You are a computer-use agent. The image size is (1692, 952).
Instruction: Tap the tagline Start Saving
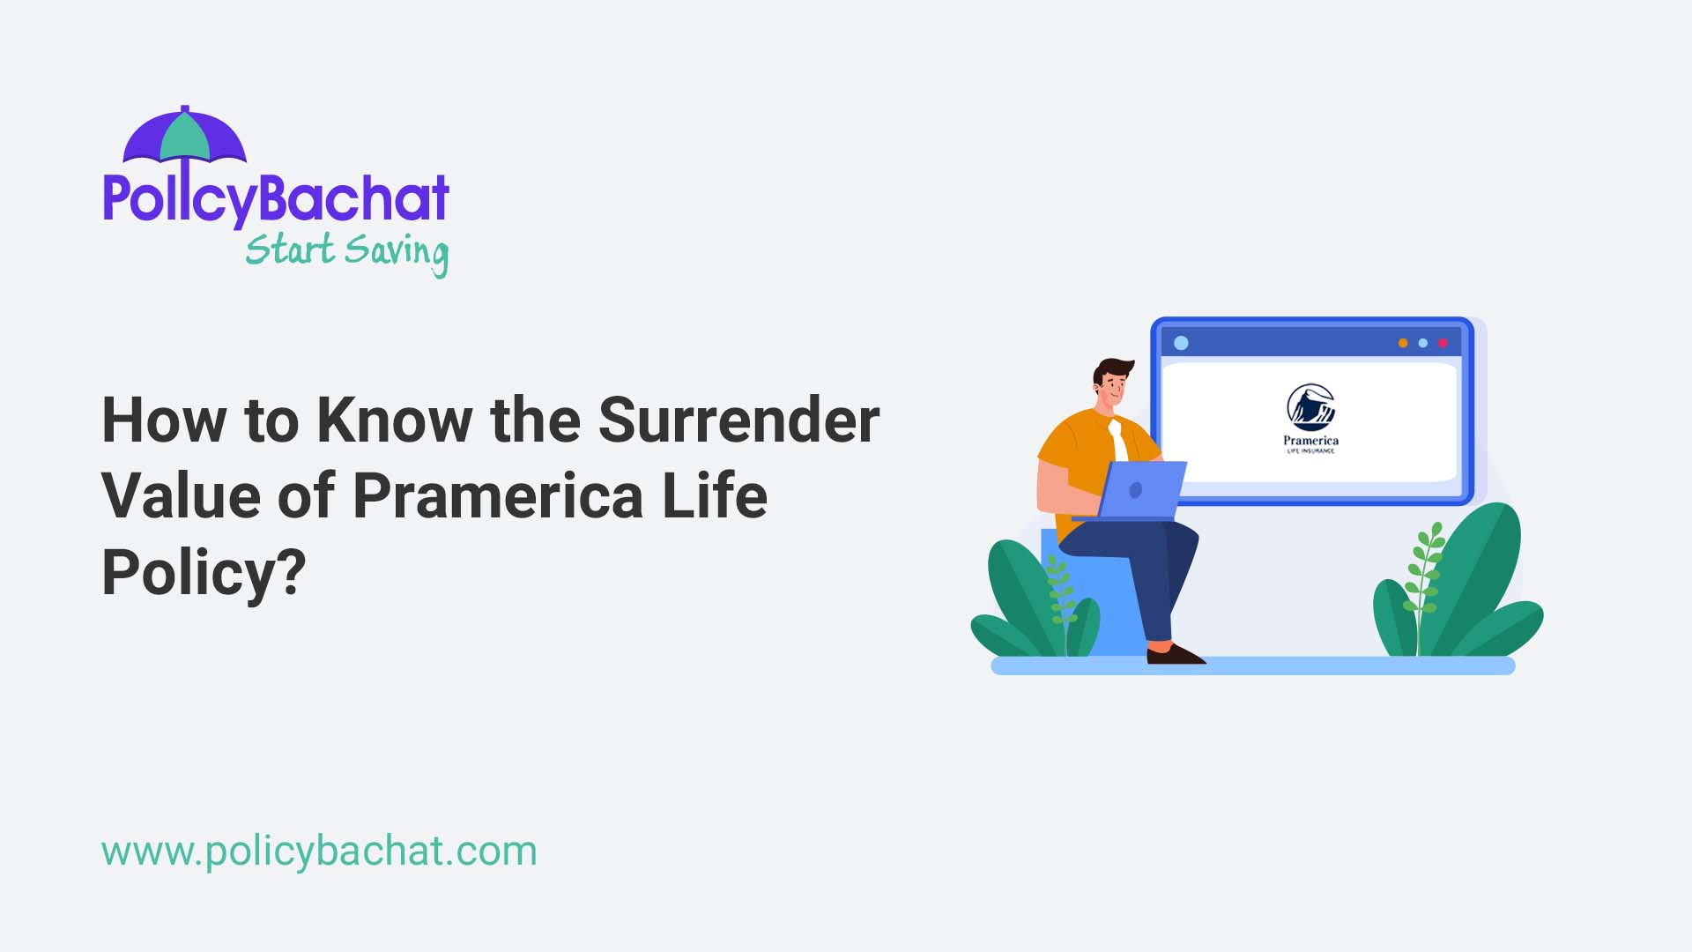point(346,251)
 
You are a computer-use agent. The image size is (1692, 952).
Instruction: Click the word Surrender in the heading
point(738,420)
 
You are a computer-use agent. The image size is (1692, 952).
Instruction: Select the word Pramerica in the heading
point(498,495)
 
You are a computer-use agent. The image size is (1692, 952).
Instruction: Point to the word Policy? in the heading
point(204,573)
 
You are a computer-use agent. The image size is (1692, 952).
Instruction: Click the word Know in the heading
point(394,420)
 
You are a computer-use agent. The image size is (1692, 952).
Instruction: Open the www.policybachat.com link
point(319,851)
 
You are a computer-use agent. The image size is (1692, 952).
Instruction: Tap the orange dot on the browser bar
point(1403,343)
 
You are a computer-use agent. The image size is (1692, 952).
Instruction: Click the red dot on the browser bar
point(1443,343)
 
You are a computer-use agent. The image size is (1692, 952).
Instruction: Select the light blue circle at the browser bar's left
point(1182,343)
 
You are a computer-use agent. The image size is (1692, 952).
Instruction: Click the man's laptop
point(1140,490)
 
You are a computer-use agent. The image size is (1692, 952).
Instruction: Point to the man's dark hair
point(1112,368)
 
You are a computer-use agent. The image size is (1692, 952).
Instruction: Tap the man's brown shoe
point(1175,655)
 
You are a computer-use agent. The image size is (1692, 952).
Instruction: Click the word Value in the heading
point(181,495)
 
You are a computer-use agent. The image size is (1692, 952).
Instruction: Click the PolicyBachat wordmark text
point(276,198)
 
